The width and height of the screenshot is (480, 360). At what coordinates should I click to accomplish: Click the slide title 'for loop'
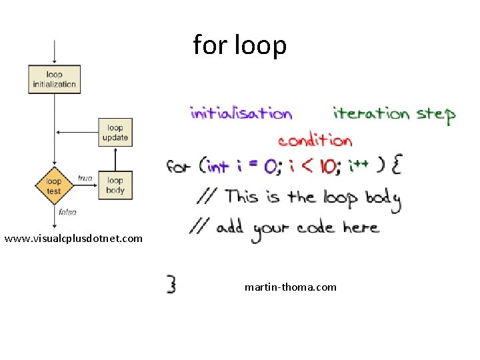pyautogui.click(x=240, y=45)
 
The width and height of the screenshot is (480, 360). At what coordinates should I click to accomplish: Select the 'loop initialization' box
pyautogui.click(x=54, y=79)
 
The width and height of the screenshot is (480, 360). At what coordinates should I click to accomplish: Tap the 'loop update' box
pyautogui.click(x=115, y=133)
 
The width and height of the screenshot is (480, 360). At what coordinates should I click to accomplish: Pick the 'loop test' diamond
pyautogui.click(x=54, y=185)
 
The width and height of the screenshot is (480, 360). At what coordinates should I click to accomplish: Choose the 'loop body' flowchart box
pyautogui.click(x=115, y=185)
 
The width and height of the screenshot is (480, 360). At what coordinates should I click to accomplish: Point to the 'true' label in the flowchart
pyautogui.click(x=85, y=178)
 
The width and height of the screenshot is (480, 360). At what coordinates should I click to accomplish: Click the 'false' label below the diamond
pyautogui.click(x=67, y=212)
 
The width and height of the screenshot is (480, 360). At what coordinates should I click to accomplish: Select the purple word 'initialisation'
pyautogui.click(x=241, y=113)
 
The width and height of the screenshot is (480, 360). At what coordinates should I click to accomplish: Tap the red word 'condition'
pyautogui.click(x=315, y=140)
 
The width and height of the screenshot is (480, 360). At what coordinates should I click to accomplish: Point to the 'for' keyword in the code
pyautogui.click(x=178, y=165)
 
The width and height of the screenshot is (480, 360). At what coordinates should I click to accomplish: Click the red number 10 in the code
pyautogui.click(x=327, y=167)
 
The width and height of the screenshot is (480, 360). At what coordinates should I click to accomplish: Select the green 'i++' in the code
pyautogui.click(x=357, y=165)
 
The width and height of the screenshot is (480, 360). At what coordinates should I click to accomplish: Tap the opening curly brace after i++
pyautogui.click(x=396, y=165)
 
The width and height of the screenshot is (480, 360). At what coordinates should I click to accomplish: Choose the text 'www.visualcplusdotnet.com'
pyautogui.click(x=73, y=238)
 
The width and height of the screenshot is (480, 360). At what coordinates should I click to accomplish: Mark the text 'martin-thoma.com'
pyautogui.click(x=291, y=287)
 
